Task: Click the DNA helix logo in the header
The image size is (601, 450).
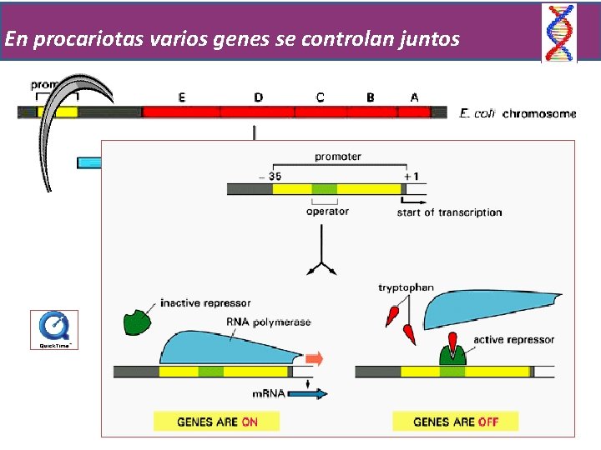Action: (x=559, y=32)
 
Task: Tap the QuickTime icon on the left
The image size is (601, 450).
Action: (x=54, y=329)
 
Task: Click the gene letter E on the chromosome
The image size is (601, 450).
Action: (x=182, y=97)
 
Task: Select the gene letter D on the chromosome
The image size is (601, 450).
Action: (x=258, y=97)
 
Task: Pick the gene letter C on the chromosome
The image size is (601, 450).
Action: (x=321, y=97)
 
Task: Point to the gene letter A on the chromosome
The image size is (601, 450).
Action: (x=415, y=97)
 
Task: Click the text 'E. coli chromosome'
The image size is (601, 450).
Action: (x=518, y=113)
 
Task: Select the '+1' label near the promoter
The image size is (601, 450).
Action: (x=412, y=175)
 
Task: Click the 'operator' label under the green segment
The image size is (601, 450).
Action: (x=327, y=212)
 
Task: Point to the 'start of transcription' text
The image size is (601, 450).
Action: (x=449, y=212)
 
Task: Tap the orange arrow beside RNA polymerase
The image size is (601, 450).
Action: (x=313, y=359)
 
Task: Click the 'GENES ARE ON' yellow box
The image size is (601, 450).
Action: (x=216, y=422)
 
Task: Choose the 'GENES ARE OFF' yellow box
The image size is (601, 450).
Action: (x=455, y=422)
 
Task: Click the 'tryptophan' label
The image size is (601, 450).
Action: (x=406, y=288)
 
